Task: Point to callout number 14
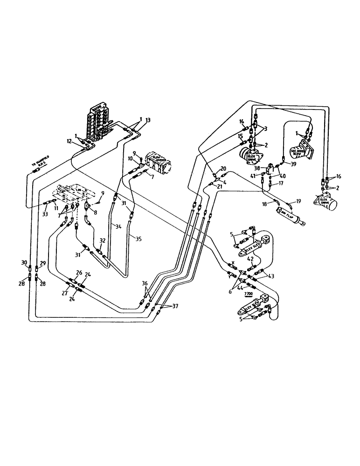pyautogui.click(x=242, y=122)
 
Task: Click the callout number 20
pyautogui.click(x=223, y=168)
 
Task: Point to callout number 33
pyautogui.click(x=45, y=214)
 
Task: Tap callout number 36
pyautogui.click(x=145, y=283)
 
